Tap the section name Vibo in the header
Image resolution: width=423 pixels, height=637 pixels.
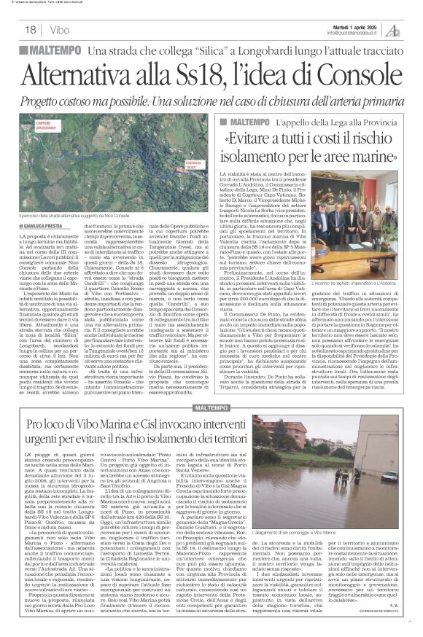(60, 30)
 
